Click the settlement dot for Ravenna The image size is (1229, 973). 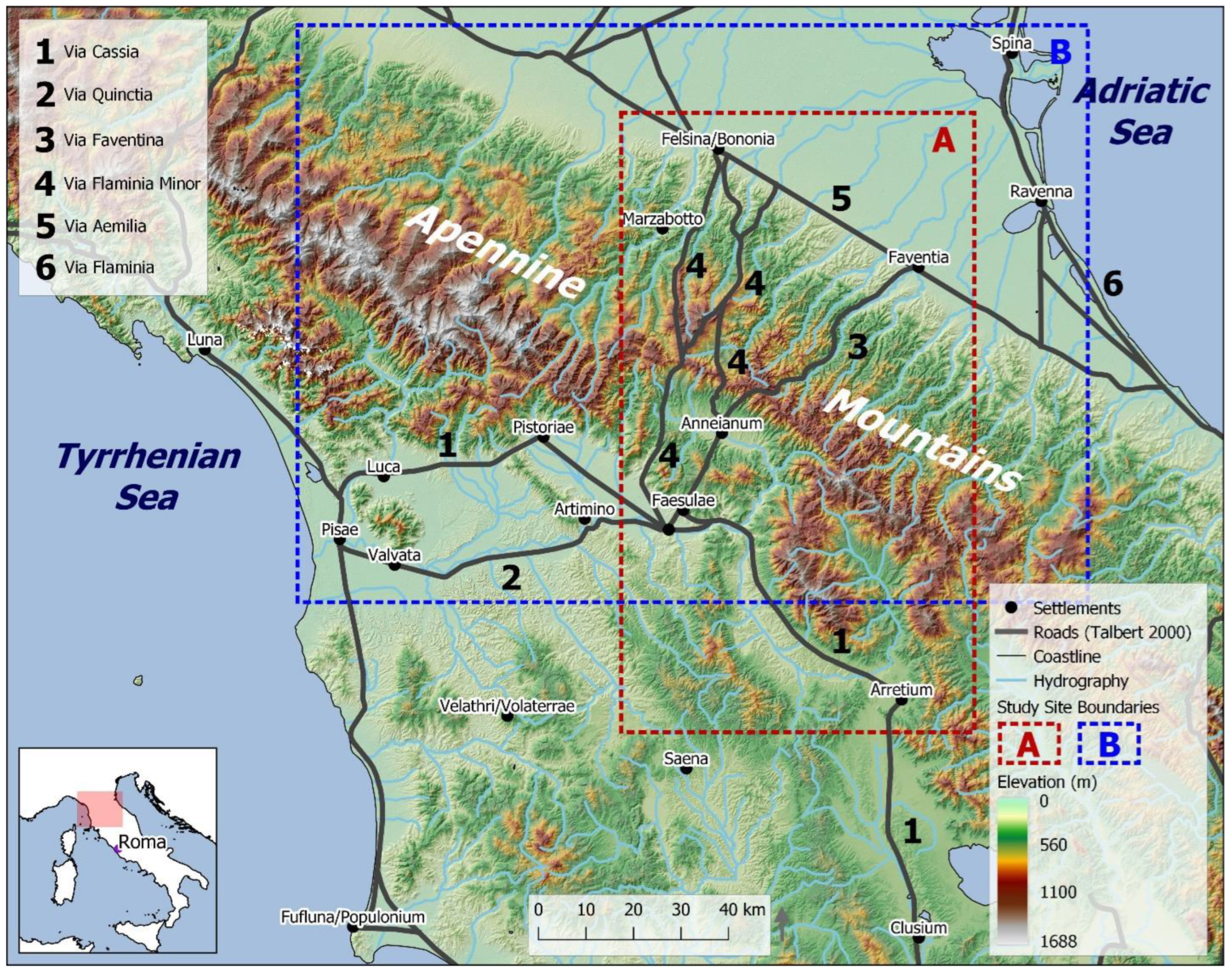pos(1041,202)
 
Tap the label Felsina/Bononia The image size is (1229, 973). pos(718,139)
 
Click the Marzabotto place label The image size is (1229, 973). pos(663,219)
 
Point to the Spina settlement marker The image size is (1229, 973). pos(1011,54)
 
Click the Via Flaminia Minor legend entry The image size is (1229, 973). pos(132,184)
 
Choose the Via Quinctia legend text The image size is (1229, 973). pos(108,95)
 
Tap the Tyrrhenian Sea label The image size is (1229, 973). pos(147,476)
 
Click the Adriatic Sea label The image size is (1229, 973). pos(1141,112)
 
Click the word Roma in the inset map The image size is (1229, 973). pos(142,841)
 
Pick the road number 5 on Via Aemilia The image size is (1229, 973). pos(841,199)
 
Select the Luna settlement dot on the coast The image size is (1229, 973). pos(205,350)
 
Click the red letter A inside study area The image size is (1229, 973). pos(944,140)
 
